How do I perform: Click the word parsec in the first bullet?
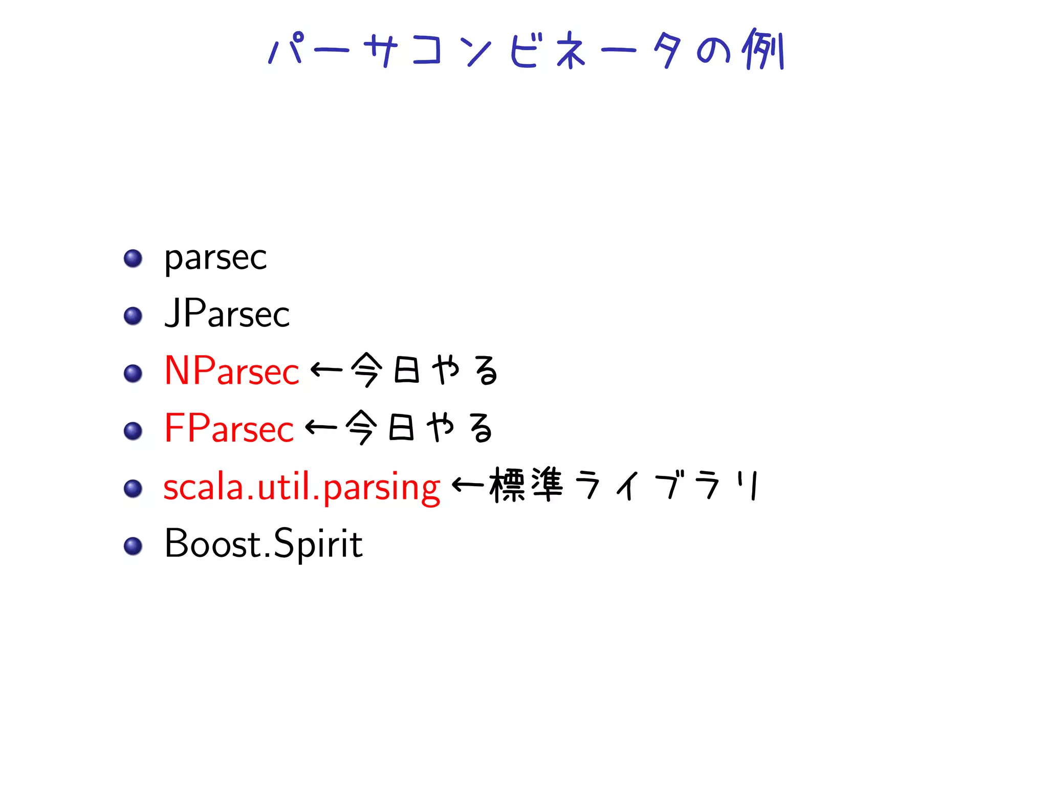pyautogui.click(x=215, y=258)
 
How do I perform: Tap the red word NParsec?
pyautogui.click(x=231, y=371)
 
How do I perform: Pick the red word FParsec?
pyautogui.click(x=229, y=428)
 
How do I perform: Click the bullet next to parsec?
pyautogui.click(x=133, y=258)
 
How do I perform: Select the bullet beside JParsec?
pyautogui.click(x=133, y=316)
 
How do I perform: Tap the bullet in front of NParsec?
pyautogui.click(x=133, y=373)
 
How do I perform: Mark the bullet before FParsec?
pyautogui.click(x=133, y=431)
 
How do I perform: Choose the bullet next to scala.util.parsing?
pyautogui.click(x=133, y=488)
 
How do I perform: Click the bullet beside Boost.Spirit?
pyautogui.click(x=133, y=546)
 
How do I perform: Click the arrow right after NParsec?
pyautogui.click(x=326, y=369)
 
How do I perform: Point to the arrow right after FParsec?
pyautogui.click(x=321, y=427)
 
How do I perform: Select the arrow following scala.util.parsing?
pyautogui.click(x=468, y=484)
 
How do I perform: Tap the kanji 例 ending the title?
pyautogui.click(x=763, y=49)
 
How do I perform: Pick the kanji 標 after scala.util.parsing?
pyautogui.click(x=507, y=484)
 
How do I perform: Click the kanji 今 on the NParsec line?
pyautogui.click(x=366, y=369)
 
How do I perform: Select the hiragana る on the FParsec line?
pyautogui.click(x=482, y=428)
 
